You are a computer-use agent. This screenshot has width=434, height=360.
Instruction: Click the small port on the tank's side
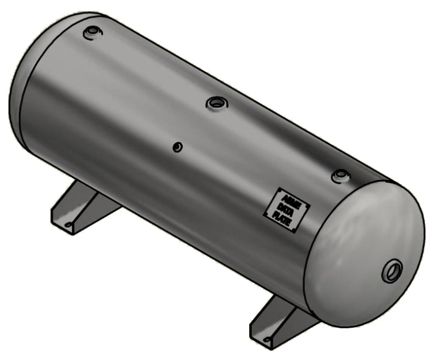(x=177, y=147)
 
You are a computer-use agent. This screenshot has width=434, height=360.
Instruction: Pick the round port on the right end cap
(x=393, y=271)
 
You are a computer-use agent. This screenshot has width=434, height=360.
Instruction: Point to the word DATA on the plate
(x=284, y=208)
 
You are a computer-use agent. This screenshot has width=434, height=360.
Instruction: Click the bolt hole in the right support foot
(x=268, y=340)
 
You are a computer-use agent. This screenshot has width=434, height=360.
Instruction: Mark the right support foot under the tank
(x=279, y=323)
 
